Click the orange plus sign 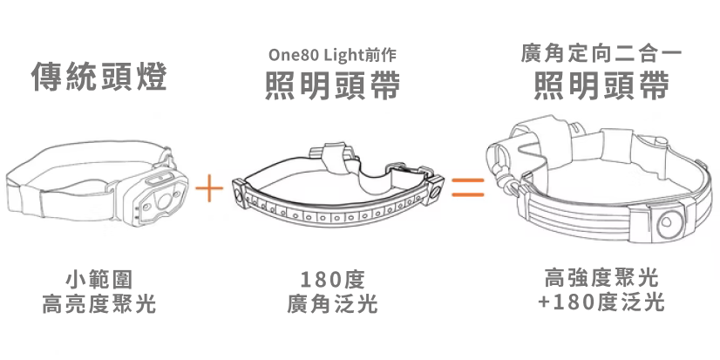pos(210,187)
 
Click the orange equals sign pos(466,187)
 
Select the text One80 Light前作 pos(332,54)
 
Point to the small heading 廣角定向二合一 pos(601,54)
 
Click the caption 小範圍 pos(98,281)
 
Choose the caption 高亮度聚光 pos(98,304)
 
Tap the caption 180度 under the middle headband pos(332,281)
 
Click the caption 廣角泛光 pos(332,304)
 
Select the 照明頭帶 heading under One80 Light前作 pos(332,87)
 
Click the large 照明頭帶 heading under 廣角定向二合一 pos(601,87)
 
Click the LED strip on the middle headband pos(336,214)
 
